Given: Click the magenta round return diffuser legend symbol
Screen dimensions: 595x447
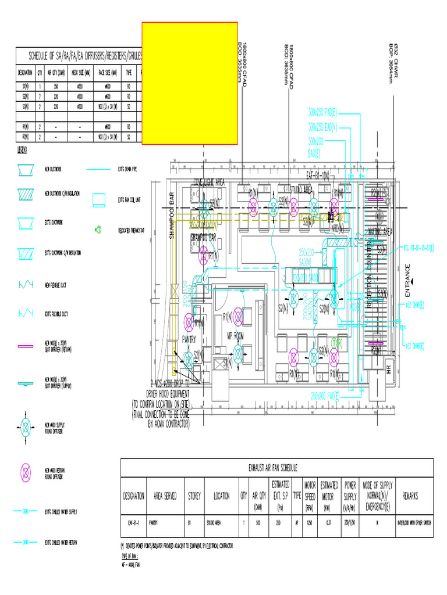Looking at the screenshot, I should pyautogui.click(x=27, y=473).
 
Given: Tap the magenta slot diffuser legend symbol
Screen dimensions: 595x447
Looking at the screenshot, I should pyautogui.click(x=27, y=346).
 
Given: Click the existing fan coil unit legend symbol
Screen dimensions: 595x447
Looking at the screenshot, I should pyautogui.click(x=98, y=200).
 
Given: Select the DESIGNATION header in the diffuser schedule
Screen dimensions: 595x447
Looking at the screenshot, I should pyautogui.click(x=25, y=73).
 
